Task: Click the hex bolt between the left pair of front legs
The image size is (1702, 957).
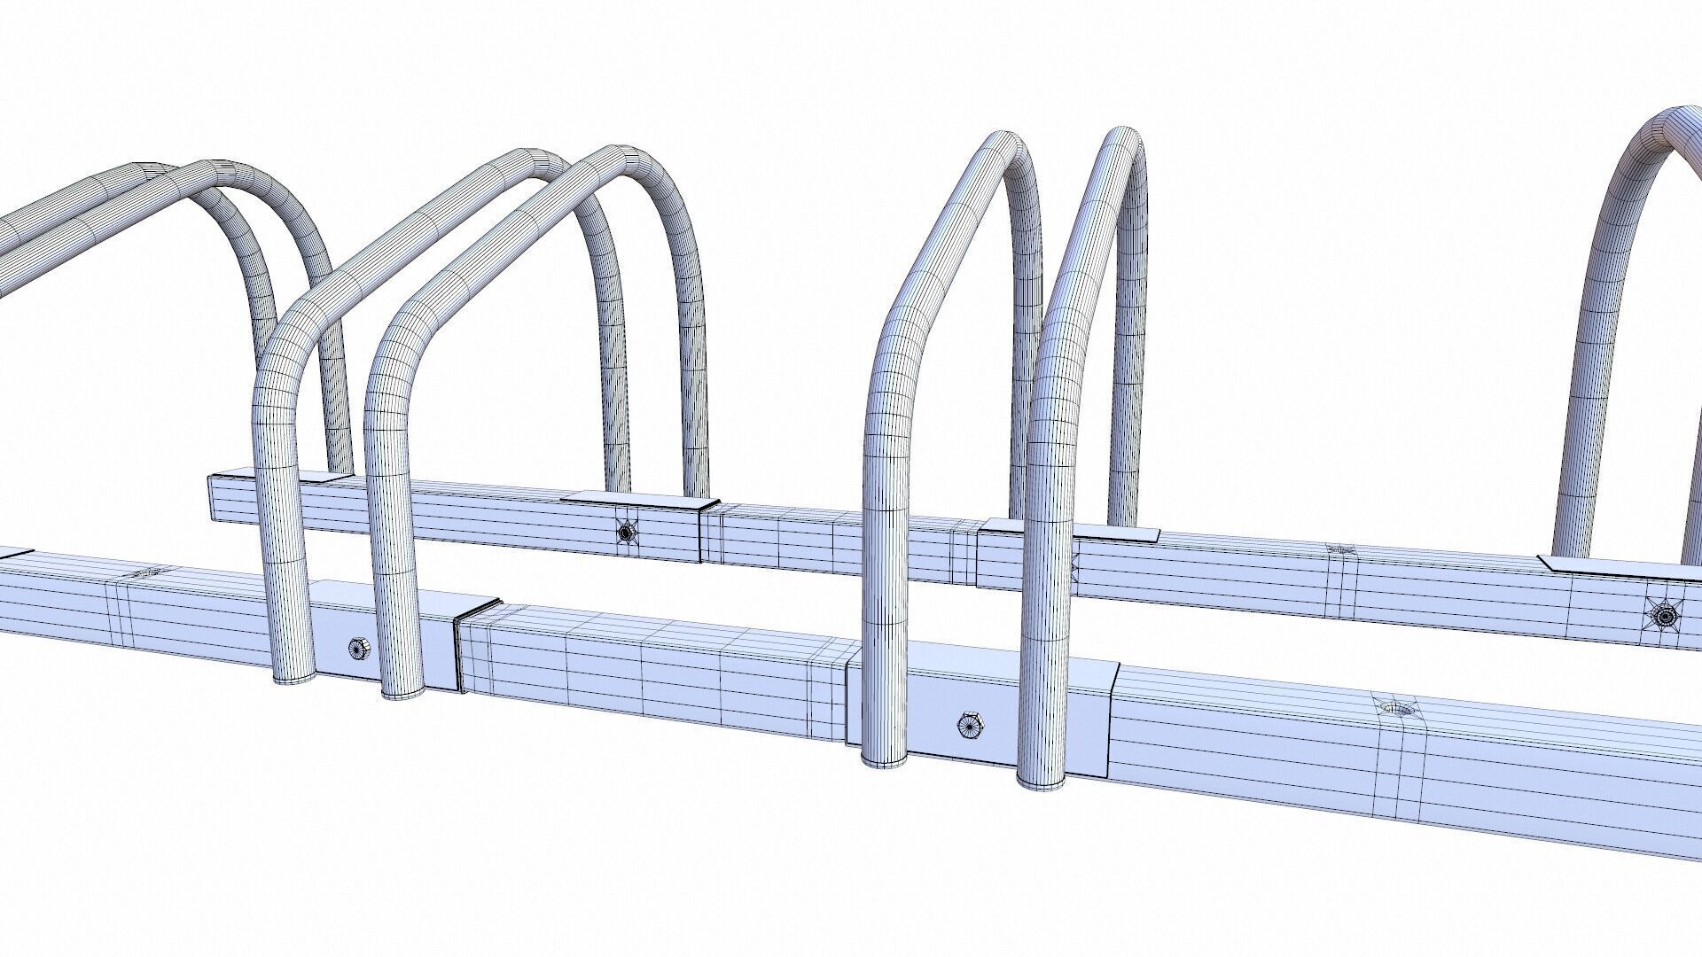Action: click(358, 648)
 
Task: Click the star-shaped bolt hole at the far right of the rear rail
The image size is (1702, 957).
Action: click(1664, 613)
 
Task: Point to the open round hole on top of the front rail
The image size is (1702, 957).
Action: click(1394, 708)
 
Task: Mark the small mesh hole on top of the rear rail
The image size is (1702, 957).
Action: click(1339, 549)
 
